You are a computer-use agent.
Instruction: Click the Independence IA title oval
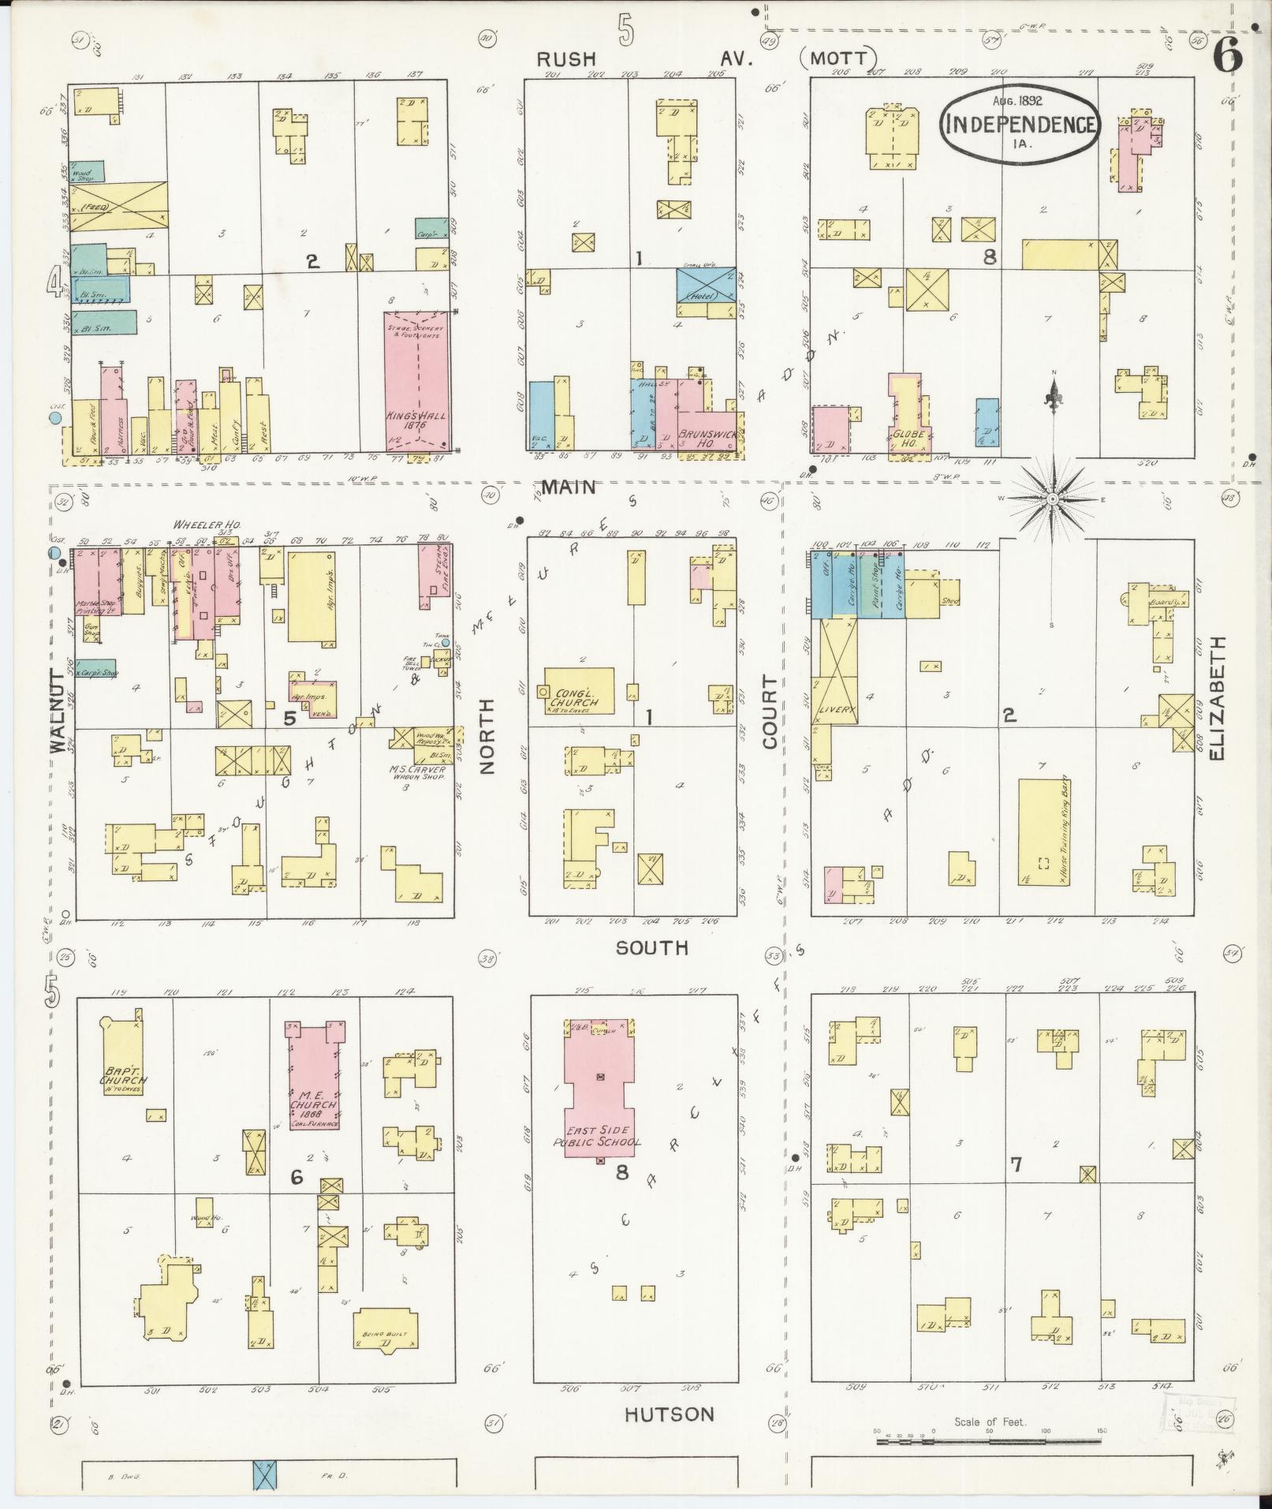click(1019, 124)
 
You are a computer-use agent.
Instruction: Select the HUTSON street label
click(670, 1414)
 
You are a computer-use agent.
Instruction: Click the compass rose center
click(1054, 499)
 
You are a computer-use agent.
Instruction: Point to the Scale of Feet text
click(989, 1422)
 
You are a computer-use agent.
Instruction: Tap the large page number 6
click(1228, 54)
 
